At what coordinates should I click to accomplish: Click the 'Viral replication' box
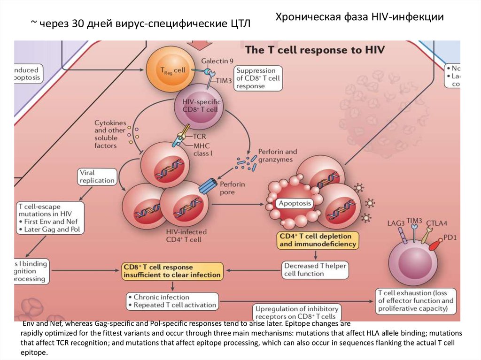(x=97, y=176)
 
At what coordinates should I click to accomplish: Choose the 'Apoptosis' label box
(x=295, y=203)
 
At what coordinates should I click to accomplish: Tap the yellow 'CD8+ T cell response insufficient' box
(x=171, y=271)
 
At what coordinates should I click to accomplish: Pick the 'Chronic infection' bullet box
(x=172, y=301)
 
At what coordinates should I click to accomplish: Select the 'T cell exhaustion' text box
(x=416, y=301)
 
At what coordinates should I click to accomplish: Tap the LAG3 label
(x=396, y=222)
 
